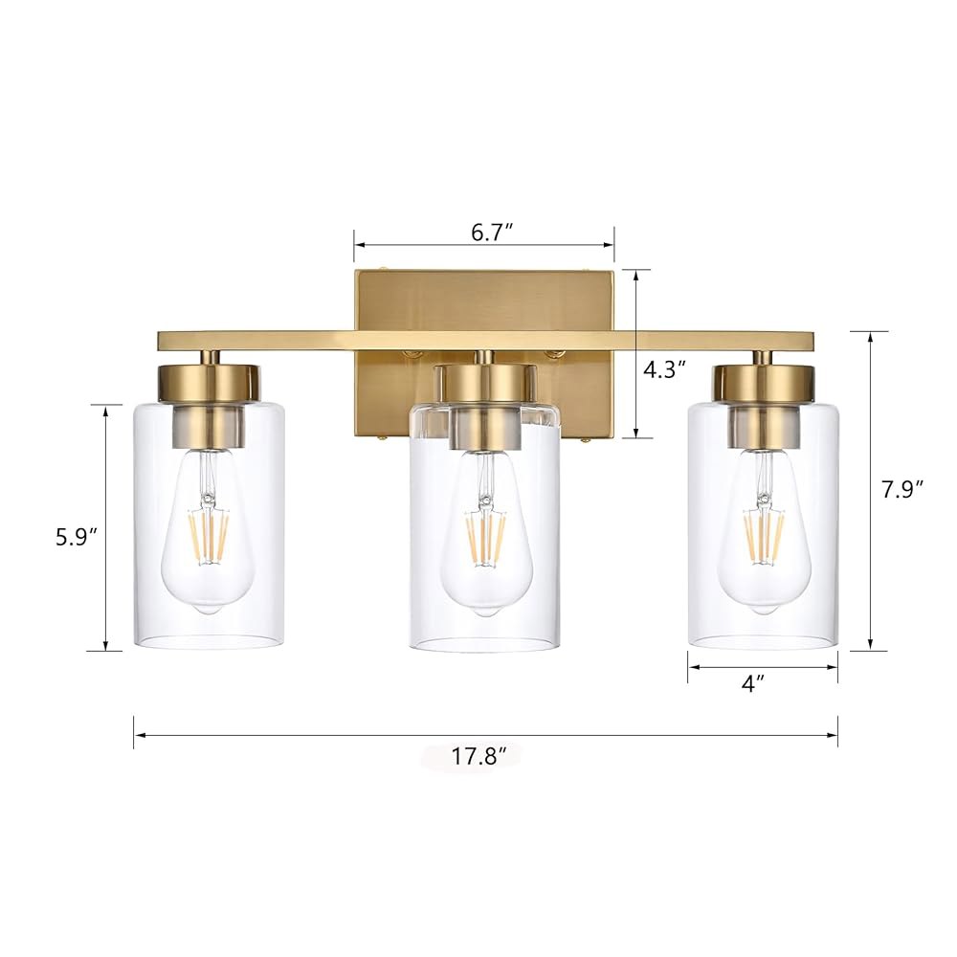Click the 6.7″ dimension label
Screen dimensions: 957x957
point(491,233)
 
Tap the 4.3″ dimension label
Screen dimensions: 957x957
point(665,369)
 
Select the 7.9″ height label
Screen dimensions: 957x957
point(902,489)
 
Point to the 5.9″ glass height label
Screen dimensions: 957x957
point(77,537)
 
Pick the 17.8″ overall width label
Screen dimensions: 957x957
point(479,757)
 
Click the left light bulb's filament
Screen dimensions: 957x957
point(209,535)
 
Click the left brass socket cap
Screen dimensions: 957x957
point(210,384)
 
